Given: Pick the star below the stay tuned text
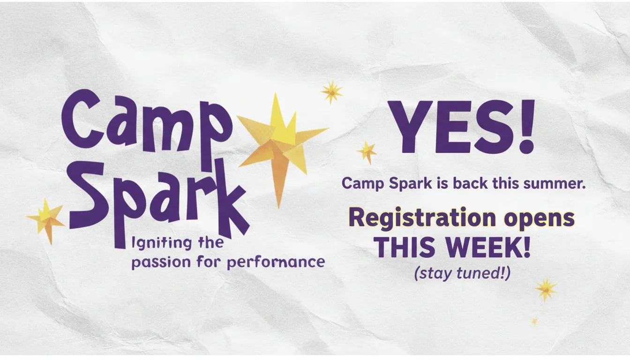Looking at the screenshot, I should coord(546,289).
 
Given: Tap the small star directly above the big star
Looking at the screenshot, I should coord(332,91).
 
